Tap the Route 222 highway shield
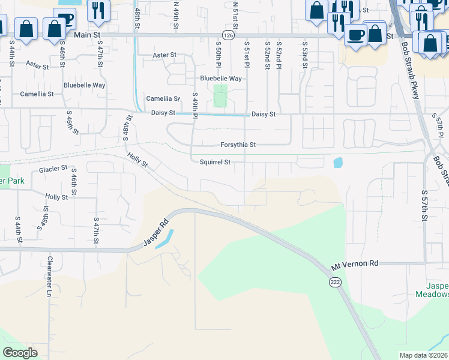334,281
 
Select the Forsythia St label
238,145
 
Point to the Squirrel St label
215,162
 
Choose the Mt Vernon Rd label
355,263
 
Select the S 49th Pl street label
195,106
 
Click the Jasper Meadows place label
432,290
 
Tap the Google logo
20,353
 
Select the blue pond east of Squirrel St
337,162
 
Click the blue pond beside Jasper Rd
163,239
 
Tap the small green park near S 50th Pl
220,96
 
